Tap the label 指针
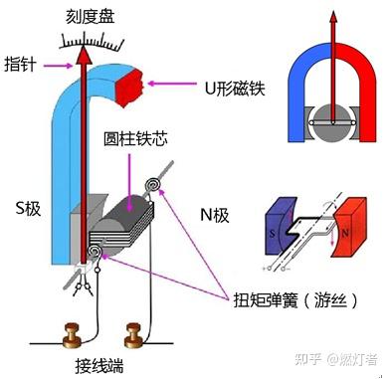[20, 65]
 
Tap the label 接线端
[104, 365]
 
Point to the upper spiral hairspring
[153, 186]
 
